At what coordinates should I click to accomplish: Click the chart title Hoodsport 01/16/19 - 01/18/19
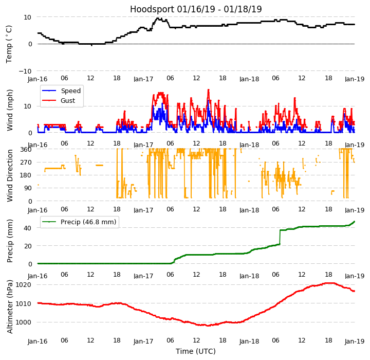coord(196,9)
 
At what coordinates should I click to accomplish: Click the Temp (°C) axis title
coord(9,44)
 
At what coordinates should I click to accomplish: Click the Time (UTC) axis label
coord(196,351)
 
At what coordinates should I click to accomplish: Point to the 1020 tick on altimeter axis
coord(23,284)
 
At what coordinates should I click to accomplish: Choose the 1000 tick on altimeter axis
coord(23,322)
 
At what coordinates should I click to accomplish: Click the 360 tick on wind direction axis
coord(26,149)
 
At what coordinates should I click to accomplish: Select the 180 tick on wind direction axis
coord(26,175)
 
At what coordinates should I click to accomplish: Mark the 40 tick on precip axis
coord(28,228)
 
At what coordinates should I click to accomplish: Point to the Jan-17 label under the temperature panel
coord(143,79)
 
